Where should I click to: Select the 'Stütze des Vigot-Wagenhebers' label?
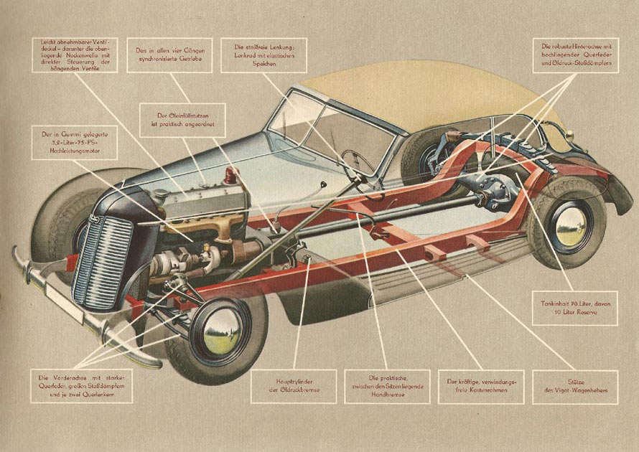click(x=577, y=385)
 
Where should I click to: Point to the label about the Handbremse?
click(x=387, y=385)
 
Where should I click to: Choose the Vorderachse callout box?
click(x=82, y=385)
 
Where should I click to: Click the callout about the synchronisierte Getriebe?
click(x=169, y=55)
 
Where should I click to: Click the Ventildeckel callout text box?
click(x=75, y=58)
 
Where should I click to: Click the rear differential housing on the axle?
click(x=495, y=190)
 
